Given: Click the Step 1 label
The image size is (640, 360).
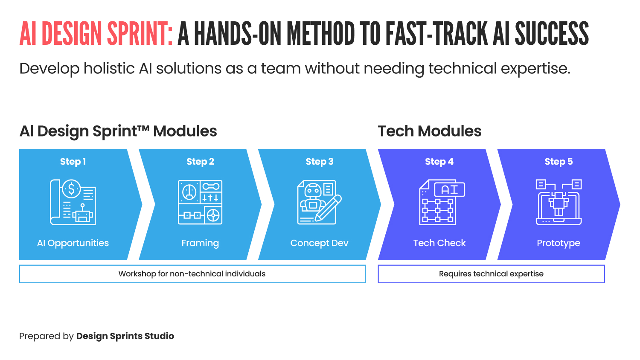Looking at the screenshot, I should coord(73,162).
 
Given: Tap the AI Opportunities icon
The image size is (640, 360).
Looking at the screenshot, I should coord(73,202).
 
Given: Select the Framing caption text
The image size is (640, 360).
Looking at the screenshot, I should coord(200,243).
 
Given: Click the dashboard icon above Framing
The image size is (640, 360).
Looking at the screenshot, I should coord(200,202).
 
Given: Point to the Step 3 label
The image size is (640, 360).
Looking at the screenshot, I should coord(320,162).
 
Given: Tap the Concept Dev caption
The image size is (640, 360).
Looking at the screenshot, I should coord(319,243).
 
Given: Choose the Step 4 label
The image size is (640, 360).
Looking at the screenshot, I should coord(439,162).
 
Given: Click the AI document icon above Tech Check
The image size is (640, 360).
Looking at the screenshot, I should coord(442,202).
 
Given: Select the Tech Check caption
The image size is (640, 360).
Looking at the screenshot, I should coord(439,243).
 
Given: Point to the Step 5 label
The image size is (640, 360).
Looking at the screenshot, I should coord(559,162).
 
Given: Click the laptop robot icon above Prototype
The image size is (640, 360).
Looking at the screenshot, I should coord(559,202).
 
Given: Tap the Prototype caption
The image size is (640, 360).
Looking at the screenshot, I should coord(559,243).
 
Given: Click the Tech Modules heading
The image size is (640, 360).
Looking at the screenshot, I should coord(430,131).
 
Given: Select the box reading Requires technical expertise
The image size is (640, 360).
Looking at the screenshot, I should coord(491,274).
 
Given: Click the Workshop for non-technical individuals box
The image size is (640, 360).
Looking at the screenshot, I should coord(192,274).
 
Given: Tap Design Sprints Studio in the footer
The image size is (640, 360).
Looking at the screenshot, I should coord(125,336).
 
